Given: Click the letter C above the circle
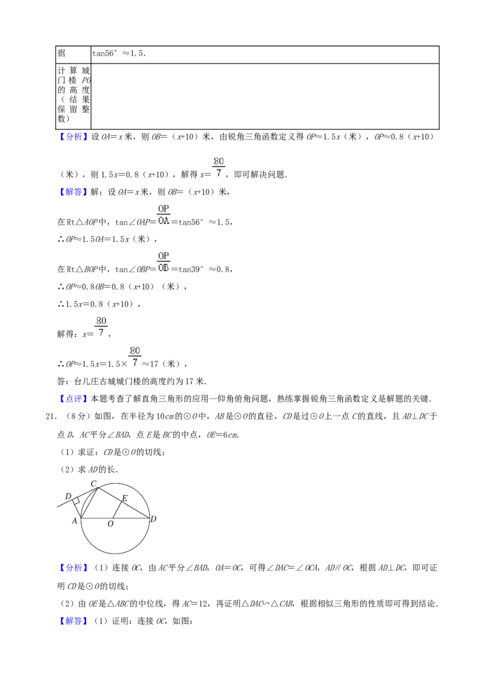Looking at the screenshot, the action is [93, 483].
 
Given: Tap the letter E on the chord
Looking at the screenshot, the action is [125, 498].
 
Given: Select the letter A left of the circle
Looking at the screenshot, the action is [75, 520].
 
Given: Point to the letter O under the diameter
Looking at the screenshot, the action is [110, 524].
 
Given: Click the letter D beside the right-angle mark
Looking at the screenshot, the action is [68, 497].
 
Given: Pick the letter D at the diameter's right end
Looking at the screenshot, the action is [153, 519].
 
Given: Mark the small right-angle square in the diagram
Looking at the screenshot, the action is [76, 501].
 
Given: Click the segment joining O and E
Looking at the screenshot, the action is [117, 510].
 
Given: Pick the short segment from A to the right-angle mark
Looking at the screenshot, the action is [77, 510].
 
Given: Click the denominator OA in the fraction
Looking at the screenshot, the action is [163, 220].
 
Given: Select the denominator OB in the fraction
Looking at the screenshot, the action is [163, 268].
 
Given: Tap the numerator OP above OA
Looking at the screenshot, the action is [163, 209].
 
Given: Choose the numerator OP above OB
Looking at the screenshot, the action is [163, 256].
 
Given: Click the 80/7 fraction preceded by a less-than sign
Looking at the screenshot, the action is [135, 356].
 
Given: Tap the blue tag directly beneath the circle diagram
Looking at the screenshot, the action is [74, 568].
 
